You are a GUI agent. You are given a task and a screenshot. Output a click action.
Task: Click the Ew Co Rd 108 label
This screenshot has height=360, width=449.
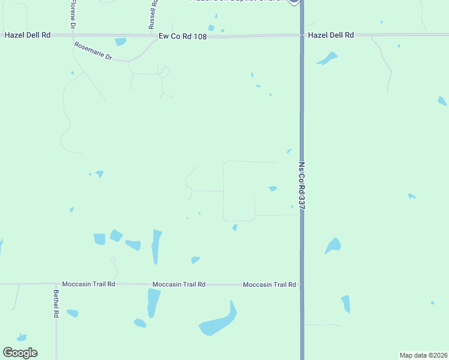coord(182,36)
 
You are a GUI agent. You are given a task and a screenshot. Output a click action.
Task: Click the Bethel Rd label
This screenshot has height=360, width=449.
coord(56,304)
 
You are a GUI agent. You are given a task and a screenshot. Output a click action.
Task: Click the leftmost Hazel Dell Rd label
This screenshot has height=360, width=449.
coord(27,35)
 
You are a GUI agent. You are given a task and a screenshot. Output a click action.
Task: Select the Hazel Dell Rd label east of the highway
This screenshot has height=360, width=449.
coord(331,35)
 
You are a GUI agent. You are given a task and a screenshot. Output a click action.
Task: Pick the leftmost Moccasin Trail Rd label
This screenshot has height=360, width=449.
coord(88,284)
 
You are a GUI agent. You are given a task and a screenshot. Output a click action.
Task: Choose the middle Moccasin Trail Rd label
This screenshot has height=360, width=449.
coord(179,284)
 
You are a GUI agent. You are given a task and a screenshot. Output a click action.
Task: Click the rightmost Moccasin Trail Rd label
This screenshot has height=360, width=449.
coord(270,284)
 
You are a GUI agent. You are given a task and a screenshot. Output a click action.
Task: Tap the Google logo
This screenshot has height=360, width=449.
coord(20,352)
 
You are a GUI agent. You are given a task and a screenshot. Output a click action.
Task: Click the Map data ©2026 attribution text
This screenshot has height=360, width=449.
coord(423,355)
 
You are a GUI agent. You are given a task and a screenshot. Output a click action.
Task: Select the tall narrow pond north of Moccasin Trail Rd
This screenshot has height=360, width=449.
coord(156,246)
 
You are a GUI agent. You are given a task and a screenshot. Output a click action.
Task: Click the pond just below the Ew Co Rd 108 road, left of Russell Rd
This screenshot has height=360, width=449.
coord(121,42)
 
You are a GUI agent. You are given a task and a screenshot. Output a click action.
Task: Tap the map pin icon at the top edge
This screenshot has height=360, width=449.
coord(294,2)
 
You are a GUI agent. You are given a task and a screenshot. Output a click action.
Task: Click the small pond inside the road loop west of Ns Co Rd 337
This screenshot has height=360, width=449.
coord(273,188)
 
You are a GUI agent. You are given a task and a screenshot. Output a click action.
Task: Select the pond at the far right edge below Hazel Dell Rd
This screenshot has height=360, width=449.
coord(442,101)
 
